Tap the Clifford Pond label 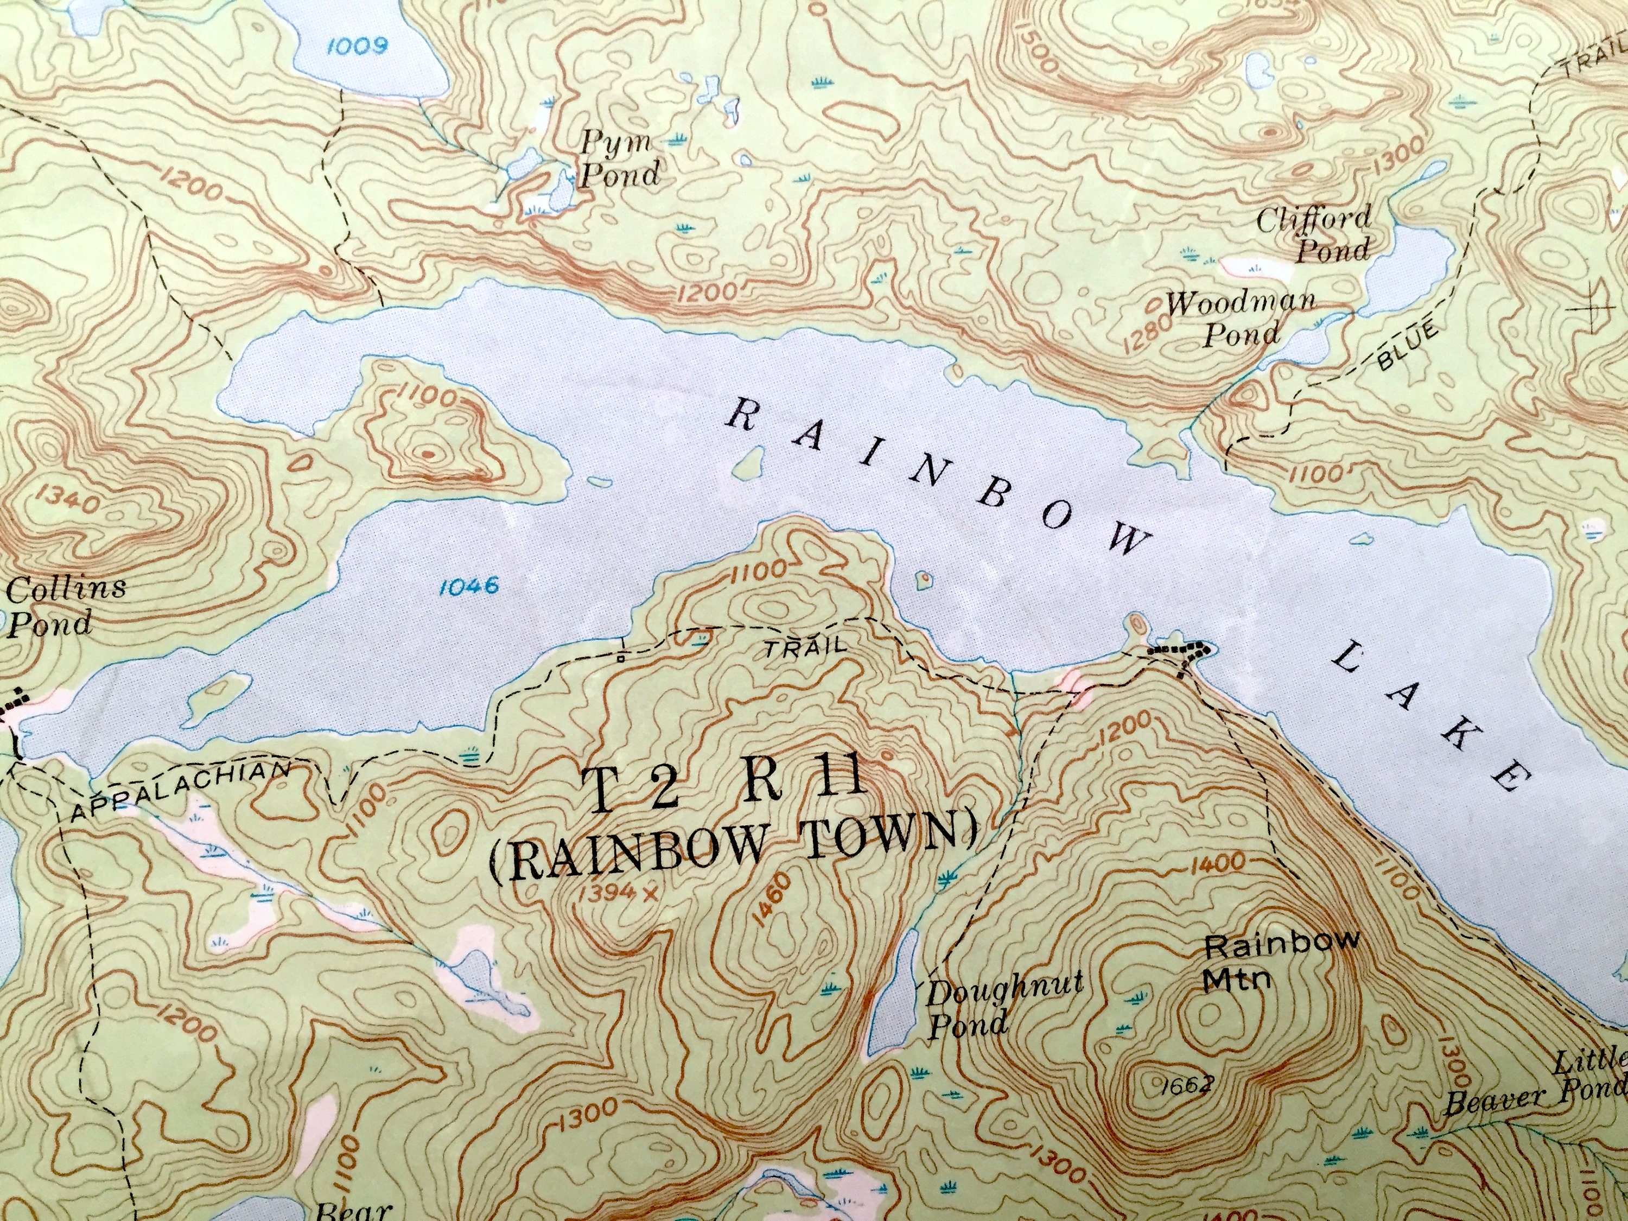tap(1314, 234)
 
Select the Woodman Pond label tap(1242, 318)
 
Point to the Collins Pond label tap(65, 605)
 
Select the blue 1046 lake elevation tap(468, 586)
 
